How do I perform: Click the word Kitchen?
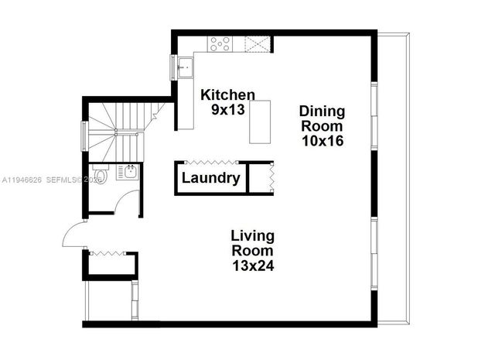point(223,94)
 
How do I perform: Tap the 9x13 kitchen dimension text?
point(228,109)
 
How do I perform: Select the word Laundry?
point(210,179)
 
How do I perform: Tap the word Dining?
point(323,111)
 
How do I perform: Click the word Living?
point(253,235)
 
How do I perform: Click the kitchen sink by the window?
point(184,67)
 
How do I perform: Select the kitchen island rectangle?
point(260,122)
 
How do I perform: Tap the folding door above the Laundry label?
point(208,163)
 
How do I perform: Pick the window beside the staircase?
point(84,136)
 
